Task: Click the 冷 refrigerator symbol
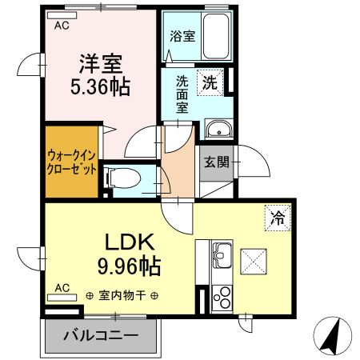click(275, 215)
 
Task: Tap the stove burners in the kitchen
click(222, 297)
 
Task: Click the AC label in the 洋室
click(61, 25)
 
